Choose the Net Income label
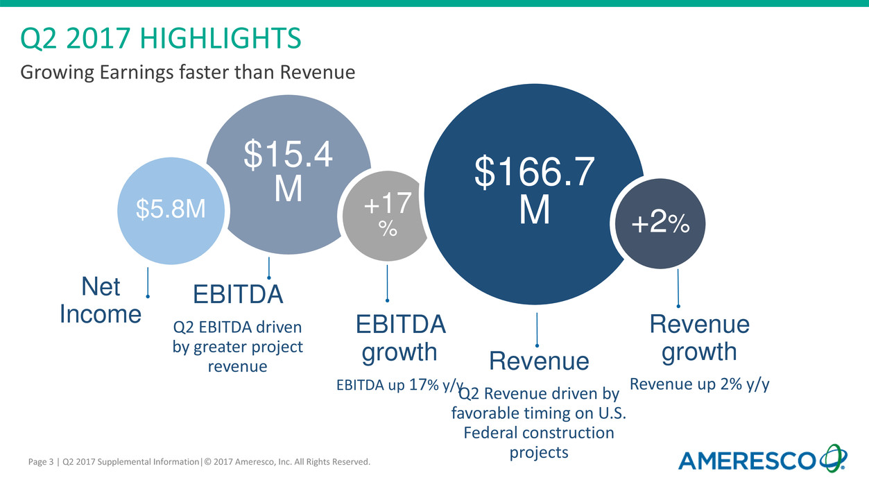(101, 300)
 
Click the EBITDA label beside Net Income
(238, 295)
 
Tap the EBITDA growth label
(400, 338)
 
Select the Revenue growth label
(699, 338)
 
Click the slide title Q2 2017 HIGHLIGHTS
(160, 39)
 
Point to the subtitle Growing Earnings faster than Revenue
(187, 71)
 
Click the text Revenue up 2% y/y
(699, 384)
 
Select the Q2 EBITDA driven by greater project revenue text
(238, 346)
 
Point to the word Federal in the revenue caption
(488, 433)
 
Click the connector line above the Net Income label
(148, 282)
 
